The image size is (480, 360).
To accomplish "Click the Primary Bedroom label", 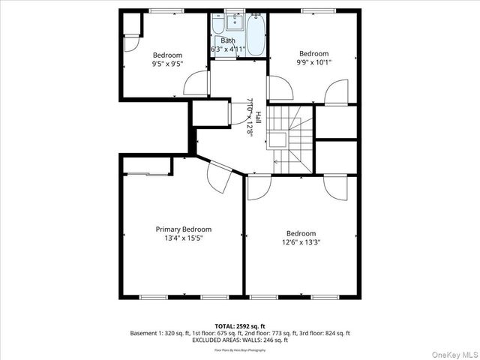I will coord(183,229).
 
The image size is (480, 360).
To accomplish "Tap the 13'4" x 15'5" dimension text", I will coord(183,238).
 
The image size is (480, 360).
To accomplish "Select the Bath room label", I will coord(228,40).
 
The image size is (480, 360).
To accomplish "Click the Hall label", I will coord(258,118).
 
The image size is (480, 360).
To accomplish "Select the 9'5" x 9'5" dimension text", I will coord(167,64).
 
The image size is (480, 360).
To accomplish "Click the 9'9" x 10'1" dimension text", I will coord(313,62).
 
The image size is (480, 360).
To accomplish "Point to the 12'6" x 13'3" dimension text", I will coord(300,242).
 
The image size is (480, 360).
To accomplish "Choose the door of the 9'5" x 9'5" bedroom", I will coord(196,82).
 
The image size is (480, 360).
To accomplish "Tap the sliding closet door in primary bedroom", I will coord(147,174).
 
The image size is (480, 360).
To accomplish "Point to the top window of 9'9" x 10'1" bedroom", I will coord(313,10).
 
